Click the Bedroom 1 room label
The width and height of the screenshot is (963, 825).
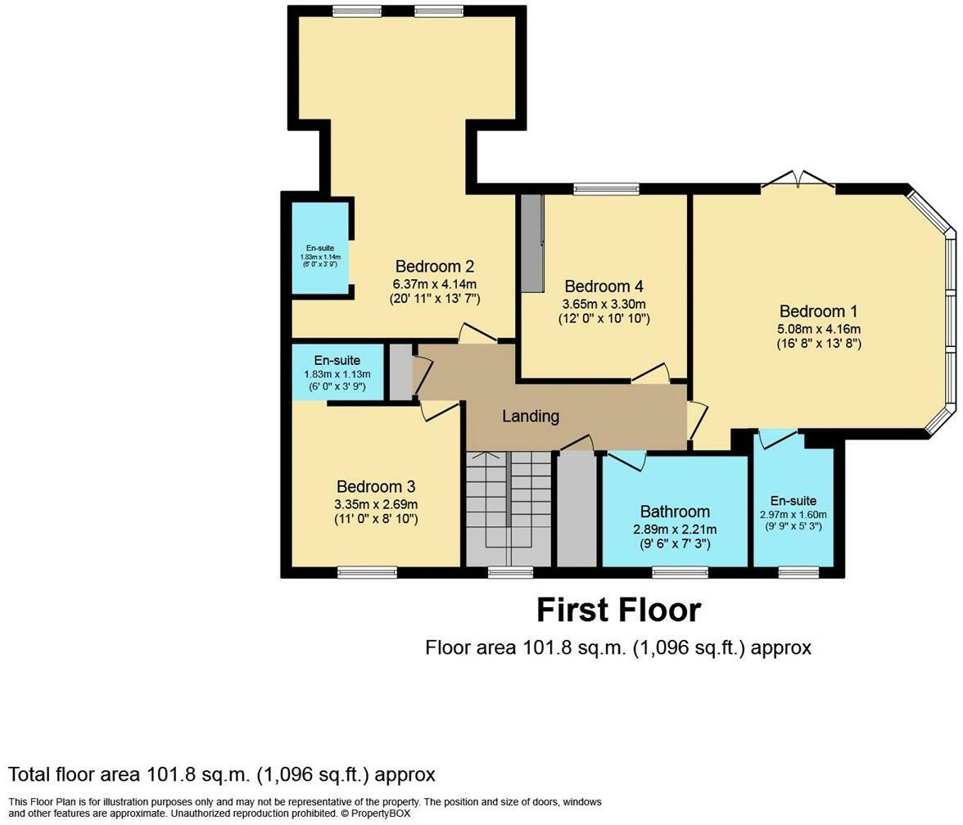click(819, 312)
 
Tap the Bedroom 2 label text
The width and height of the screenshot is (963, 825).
click(434, 267)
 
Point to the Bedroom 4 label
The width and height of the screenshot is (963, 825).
click(604, 286)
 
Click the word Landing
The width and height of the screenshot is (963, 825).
click(531, 416)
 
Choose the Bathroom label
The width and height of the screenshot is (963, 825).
click(675, 512)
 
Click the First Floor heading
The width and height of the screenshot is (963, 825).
click(618, 611)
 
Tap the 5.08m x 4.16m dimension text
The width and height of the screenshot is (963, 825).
click(819, 329)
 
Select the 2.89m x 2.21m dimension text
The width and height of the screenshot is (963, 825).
click(675, 530)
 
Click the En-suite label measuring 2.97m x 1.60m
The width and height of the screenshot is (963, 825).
click(793, 501)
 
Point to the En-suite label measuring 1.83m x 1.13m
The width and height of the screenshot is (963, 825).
click(338, 360)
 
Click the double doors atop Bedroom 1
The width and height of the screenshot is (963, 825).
click(798, 181)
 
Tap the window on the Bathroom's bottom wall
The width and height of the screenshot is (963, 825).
click(680, 572)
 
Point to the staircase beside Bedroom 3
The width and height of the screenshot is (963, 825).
click(509, 507)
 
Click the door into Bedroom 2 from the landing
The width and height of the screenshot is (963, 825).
click(477, 333)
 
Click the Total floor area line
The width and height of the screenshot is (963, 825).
click(222, 774)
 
